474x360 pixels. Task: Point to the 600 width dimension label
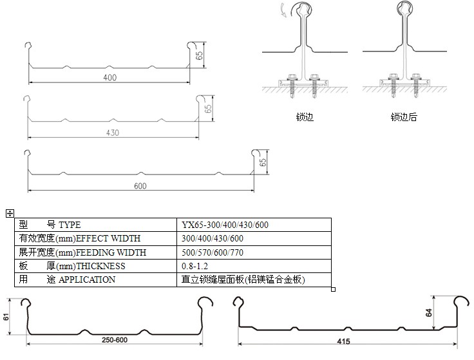pyautogui.click(x=141, y=187)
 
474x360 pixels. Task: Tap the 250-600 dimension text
pyautogui.click(x=113, y=339)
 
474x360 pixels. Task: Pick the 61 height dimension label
pyautogui.click(x=7, y=317)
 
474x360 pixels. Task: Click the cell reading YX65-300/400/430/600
pyautogui.click(x=225, y=225)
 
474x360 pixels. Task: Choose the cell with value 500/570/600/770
pyautogui.click(x=213, y=252)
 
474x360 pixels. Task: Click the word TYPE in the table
pyautogui.click(x=70, y=225)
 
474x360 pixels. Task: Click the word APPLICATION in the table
pyautogui.click(x=87, y=279)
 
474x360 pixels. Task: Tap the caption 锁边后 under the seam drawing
pyautogui.click(x=404, y=118)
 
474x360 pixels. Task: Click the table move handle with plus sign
pyautogui.click(x=9, y=213)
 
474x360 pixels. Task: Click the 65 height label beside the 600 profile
pyautogui.click(x=263, y=162)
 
